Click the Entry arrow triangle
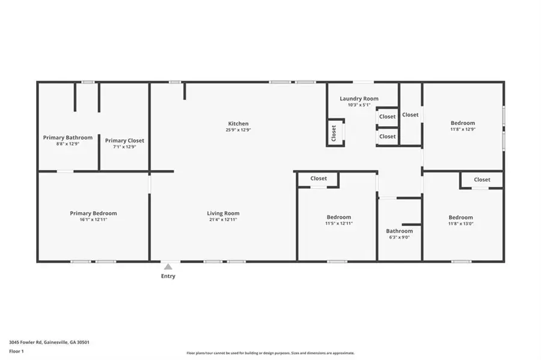[x=168, y=267]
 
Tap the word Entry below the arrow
[x=168, y=276]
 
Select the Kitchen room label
[x=238, y=124]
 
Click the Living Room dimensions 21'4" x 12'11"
[x=223, y=220]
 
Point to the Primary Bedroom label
[x=93, y=213]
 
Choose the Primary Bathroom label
[x=68, y=138]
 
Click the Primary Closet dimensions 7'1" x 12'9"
[x=124, y=147]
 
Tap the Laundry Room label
[x=359, y=99]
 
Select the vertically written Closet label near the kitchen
[x=334, y=133]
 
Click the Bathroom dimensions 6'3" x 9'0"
[x=399, y=237]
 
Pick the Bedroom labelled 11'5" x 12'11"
[x=339, y=217]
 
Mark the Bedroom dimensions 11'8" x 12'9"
[x=462, y=129]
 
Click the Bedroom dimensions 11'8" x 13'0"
[x=460, y=224]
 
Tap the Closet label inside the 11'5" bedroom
[x=319, y=178]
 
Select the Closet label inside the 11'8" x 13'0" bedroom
[x=482, y=180]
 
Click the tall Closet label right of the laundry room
[x=411, y=115]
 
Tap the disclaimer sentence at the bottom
[x=270, y=353]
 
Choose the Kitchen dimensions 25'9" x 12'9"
[x=238, y=130]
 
